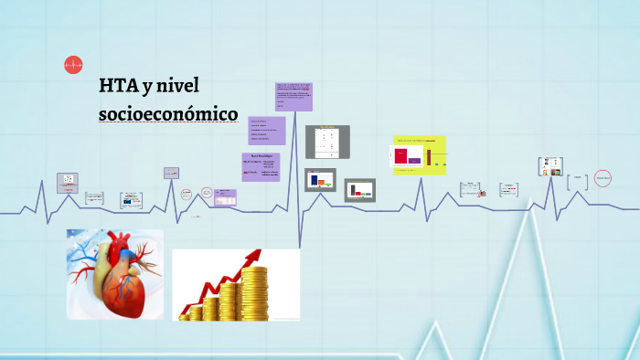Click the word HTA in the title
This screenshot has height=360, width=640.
(118, 87)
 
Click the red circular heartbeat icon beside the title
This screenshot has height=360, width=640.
(73, 64)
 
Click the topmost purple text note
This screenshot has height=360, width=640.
(293, 95)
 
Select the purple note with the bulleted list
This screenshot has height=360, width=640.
(266, 130)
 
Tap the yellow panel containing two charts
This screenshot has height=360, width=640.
(419, 155)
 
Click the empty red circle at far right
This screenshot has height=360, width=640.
(603, 178)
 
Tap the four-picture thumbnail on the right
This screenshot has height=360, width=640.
(549, 165)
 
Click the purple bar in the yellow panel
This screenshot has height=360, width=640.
(415, 161)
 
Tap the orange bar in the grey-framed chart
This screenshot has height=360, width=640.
(322, 183)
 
